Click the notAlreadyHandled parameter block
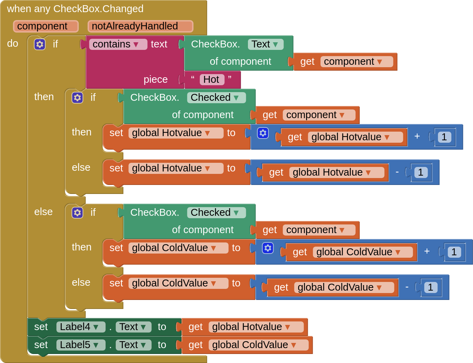pos(140,26)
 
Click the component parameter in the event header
pos(46,26)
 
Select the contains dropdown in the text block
pos(118,44)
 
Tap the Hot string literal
pos(212,80)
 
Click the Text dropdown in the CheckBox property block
pos(265,44)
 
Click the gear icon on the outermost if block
pos(40,44)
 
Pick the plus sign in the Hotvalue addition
pos(417,136)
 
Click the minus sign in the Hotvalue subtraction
pos(397,172)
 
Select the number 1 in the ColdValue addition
pos(454,252)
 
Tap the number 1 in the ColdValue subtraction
pos(430,287)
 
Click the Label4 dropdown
pos(80,327)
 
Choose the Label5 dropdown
pos(80,345)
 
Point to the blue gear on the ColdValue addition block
pos(268,248)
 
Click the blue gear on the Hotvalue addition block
pos(263,133)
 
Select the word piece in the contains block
pos(155,80)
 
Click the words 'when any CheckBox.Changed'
pos(75,9)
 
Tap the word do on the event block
pos(12,44)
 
